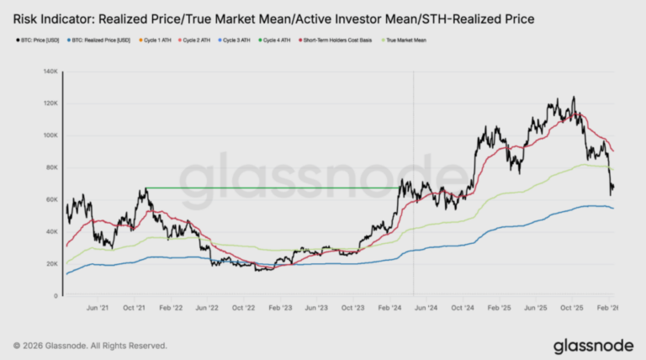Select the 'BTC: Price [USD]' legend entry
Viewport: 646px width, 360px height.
(39, 40)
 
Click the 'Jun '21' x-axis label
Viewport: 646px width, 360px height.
(99, 308)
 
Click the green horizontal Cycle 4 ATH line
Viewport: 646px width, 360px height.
(269, 188)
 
